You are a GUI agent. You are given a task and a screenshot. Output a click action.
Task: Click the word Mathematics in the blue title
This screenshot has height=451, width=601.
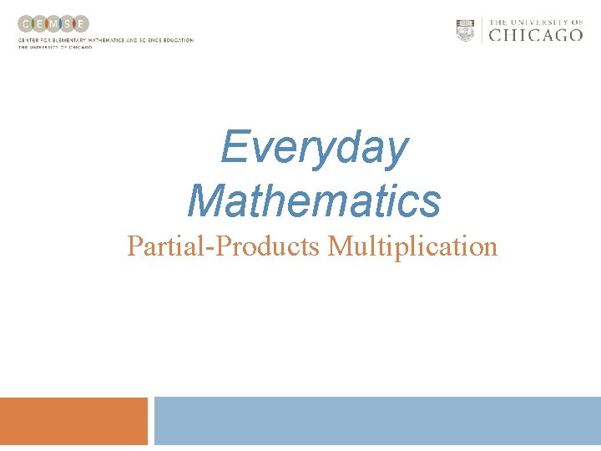click(314, 201)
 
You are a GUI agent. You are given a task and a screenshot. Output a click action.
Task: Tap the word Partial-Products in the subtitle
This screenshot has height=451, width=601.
click(224, 246)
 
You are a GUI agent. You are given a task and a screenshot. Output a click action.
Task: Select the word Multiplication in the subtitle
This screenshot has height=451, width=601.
click(412, 246)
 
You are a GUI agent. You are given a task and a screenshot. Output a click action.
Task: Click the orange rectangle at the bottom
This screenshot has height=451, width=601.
click(73, 421)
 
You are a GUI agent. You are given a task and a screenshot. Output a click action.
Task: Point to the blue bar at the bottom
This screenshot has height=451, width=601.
click(377, 421)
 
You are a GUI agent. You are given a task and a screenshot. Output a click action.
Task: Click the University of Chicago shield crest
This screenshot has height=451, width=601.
click(465, 30)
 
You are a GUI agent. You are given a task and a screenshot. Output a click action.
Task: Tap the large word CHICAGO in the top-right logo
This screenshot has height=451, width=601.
click(535, 35)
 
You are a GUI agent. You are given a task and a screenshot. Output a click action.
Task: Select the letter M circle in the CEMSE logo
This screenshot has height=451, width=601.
click(53, 24)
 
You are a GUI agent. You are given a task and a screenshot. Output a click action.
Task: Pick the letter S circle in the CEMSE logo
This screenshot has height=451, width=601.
click(68, 24)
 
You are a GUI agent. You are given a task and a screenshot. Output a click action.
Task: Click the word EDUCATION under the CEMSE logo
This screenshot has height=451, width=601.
click(178, 40)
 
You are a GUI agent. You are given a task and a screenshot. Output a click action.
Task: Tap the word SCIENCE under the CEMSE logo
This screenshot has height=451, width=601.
click(147, 40)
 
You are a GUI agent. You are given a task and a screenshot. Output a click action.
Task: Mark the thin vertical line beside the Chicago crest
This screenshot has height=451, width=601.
click(481, 30)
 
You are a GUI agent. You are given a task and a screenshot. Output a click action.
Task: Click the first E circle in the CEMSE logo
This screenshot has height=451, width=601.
click(39, 24)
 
